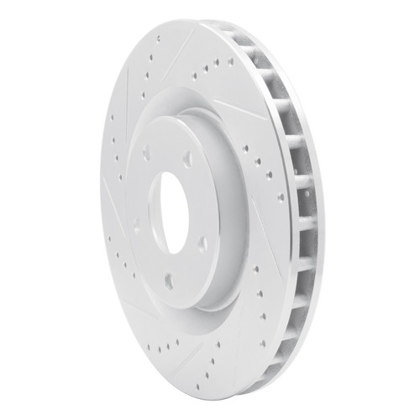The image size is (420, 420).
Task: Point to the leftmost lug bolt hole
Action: [x=135, y=223]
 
